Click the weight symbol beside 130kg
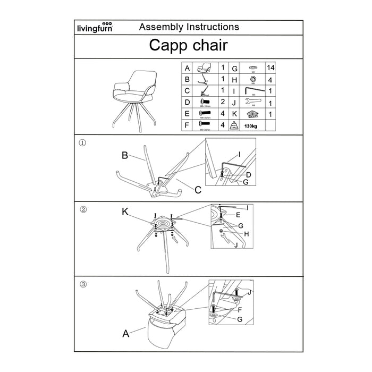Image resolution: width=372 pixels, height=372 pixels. [233, 125]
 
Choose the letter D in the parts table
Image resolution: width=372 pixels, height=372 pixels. [187, 103]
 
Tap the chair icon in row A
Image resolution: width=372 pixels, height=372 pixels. [204, 69]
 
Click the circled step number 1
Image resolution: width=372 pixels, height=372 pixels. [82, 143]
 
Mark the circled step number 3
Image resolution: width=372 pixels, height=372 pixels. [82, 284]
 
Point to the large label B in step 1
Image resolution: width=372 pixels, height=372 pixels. [125, 156]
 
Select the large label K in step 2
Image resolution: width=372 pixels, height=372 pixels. [125, 212]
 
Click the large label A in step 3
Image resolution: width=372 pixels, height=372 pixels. [126, 334]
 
